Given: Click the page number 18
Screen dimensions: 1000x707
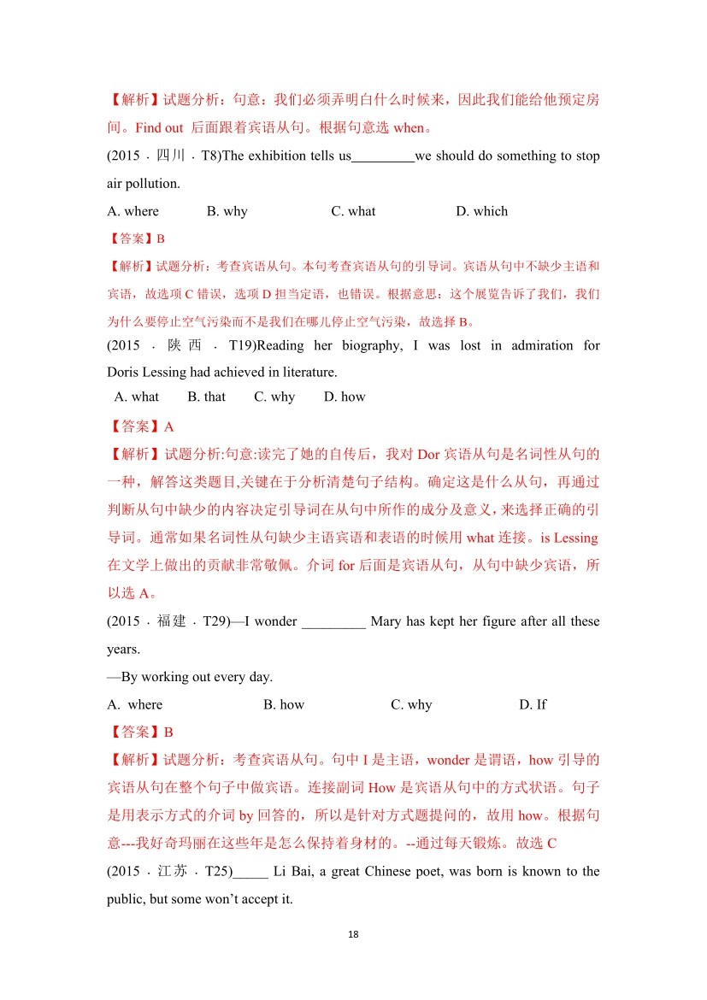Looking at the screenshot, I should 354,934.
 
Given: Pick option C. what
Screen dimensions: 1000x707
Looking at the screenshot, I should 353,211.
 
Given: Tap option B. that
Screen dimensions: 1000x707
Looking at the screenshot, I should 207,397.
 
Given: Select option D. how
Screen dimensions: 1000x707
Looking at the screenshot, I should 345,397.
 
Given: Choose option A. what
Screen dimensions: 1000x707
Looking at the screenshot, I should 137,397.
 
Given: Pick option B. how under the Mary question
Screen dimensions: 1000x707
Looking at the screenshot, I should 284,704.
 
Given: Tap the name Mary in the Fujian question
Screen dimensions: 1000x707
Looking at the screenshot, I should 386,621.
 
